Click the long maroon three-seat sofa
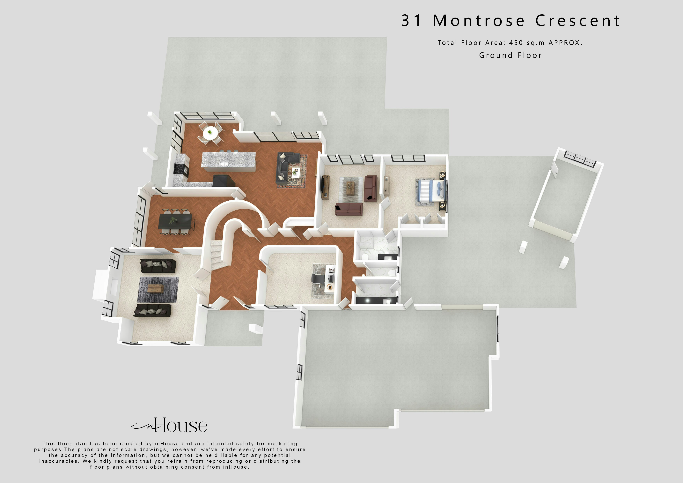[349, 209]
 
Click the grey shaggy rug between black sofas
[158, 289]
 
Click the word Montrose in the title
[479, 21]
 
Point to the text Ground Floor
[510, 55]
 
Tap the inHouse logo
[170, 426]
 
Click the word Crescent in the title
[578, 21]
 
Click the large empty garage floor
[393, 366]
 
